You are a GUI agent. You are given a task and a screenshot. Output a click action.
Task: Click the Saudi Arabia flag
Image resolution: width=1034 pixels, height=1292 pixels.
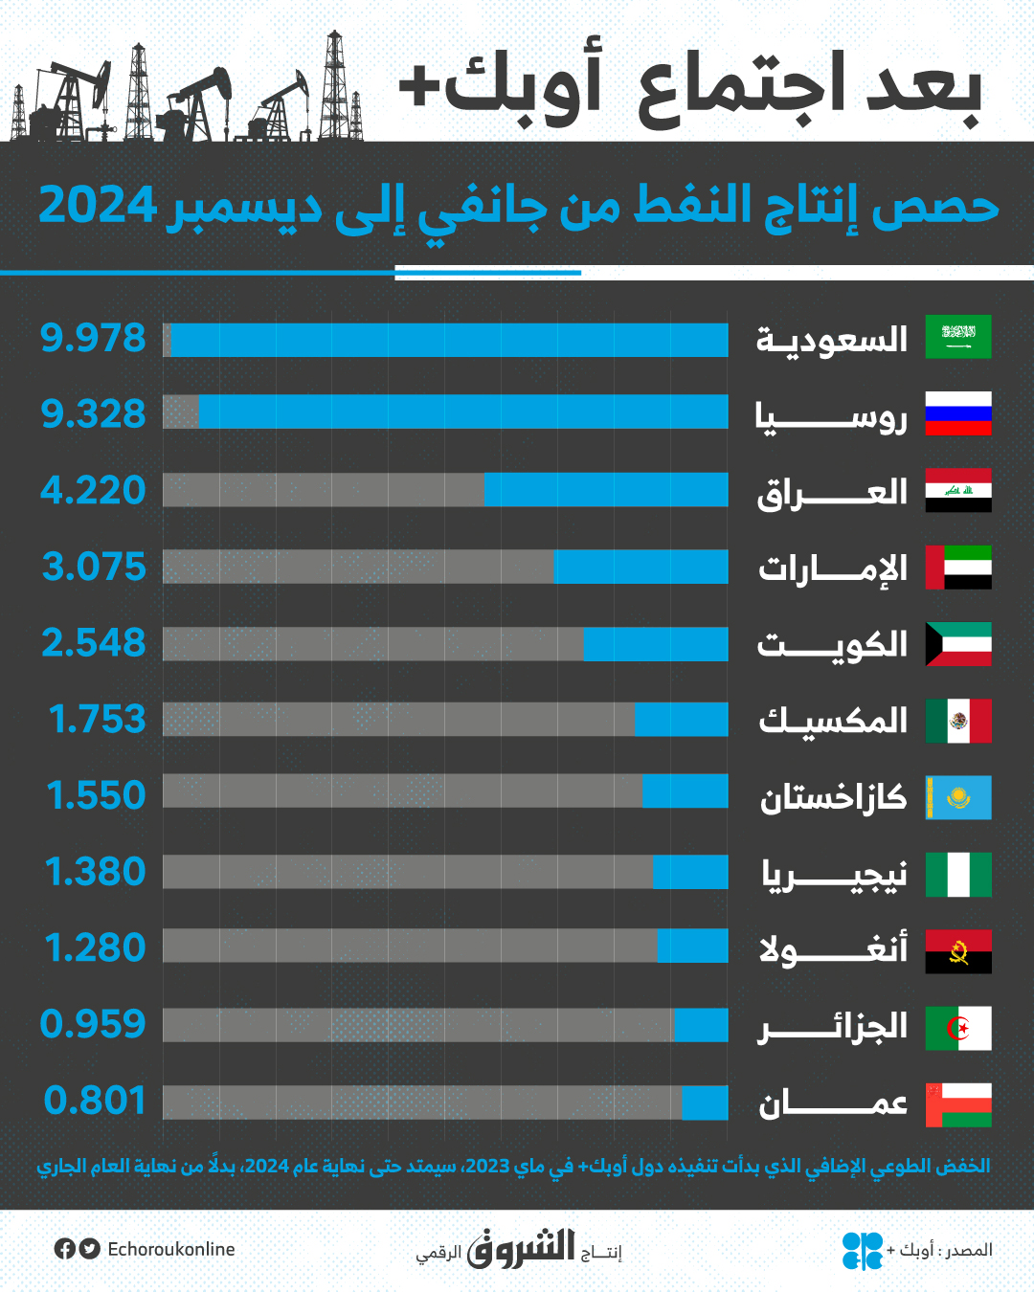958,337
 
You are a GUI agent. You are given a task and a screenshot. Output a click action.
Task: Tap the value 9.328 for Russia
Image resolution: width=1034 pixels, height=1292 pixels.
93,413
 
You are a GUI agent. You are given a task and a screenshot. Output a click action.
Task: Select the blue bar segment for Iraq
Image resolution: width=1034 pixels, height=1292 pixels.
605,490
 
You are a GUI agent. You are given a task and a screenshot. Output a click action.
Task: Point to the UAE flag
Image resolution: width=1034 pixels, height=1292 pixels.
958,567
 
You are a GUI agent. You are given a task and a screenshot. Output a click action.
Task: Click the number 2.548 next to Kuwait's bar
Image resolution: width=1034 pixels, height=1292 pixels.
93,643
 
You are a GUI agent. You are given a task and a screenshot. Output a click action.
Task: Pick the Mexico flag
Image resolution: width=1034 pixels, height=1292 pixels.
958,721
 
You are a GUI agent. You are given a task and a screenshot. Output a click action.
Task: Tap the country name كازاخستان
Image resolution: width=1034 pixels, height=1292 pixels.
833,797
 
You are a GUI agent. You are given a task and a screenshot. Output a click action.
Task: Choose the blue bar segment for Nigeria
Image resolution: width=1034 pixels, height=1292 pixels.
690,872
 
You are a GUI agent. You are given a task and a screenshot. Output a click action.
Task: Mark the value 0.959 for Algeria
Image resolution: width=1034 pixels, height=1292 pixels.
93,1024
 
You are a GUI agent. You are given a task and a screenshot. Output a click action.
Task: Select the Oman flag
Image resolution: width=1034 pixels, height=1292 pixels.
958,1104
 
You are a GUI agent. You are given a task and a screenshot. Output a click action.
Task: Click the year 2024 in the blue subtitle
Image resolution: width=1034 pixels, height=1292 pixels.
97,206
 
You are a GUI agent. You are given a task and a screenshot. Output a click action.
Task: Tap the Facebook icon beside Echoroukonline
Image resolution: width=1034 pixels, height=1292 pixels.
65,1249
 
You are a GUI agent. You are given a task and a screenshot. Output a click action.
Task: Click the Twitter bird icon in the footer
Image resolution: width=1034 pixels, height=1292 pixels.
90,1249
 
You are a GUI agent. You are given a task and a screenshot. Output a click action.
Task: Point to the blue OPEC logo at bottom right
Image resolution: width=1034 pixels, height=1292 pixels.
862,1250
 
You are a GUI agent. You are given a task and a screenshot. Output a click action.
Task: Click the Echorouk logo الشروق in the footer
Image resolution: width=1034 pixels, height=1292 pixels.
521,1248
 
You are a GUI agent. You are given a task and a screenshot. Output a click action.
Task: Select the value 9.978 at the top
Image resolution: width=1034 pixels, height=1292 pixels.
93,338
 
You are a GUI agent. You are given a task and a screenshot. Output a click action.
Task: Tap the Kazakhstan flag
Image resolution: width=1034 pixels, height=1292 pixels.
958,797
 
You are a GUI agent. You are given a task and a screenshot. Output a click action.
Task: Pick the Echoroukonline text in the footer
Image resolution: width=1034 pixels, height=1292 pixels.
171,1249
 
